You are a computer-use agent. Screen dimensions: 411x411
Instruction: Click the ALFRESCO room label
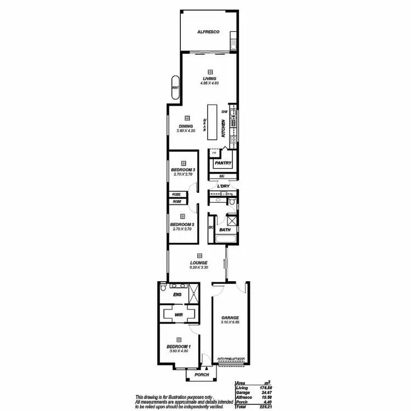tap(209, 32)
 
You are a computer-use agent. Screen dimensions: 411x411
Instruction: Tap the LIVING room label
tap(209, 78)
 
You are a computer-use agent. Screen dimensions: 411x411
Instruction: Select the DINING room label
tap(186, 127)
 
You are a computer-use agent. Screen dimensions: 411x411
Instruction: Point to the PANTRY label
tap(224, 163)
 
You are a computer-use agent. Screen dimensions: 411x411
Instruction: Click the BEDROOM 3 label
tap(183, 170)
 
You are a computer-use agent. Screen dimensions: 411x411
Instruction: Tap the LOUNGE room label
tap(199, 263)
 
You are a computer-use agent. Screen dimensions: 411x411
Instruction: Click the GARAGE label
tap(231, 318)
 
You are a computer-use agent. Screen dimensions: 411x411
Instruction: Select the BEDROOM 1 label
tap(179, 347)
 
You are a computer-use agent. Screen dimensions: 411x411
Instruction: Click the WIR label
tap(178, 315)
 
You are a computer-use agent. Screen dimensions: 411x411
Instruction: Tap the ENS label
tap(177, 295)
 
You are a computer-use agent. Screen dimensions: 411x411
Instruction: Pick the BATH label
tap(225, 230)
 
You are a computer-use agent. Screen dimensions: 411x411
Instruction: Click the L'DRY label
tap(223, 186)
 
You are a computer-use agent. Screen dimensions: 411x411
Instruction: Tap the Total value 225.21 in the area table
tap(265, 407)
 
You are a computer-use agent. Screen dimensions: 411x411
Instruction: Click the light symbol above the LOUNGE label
tap(199, 255)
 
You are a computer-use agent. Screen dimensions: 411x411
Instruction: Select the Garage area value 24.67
tap(266, 392)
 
